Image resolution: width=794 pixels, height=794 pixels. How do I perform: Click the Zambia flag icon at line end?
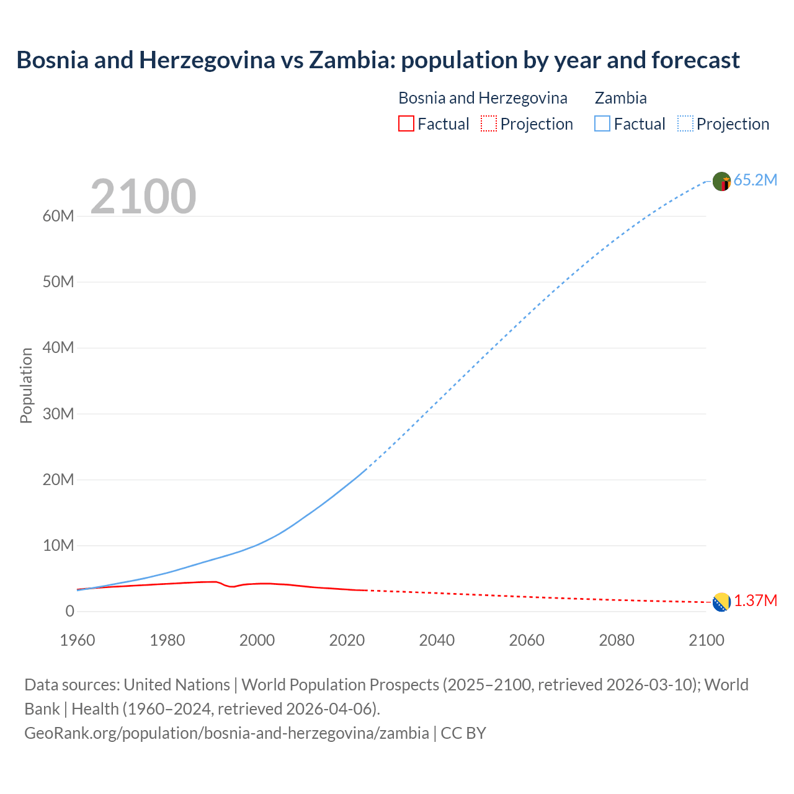pos(721,181)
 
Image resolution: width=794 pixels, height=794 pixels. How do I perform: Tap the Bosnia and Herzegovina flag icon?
pos(721,602)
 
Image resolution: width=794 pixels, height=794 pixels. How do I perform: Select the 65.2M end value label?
pos(755,180)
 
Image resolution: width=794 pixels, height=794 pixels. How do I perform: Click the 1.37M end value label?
pos(756,600)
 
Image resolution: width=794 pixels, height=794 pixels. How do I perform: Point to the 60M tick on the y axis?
pos(58,216)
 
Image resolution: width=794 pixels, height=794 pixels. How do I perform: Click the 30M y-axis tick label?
pos(58,414)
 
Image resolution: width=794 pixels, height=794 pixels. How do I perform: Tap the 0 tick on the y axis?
pos(69,611)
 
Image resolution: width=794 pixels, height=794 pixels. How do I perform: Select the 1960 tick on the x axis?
pos(78,640)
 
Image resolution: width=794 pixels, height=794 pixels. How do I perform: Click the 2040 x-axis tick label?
pos(437,640)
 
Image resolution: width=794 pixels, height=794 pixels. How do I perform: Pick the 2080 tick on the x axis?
pos(617,640)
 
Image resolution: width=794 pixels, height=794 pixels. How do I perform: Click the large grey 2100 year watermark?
pos(143,197)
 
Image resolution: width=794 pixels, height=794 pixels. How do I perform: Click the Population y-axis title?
pos(26,385)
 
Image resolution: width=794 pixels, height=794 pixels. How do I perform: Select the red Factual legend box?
pos(406,123)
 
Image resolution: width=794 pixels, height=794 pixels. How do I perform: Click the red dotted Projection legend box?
pos(489,123)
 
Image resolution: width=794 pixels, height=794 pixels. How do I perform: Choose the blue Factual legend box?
pos(602,123)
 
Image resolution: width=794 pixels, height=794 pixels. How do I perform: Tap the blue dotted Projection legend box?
pos(685,123)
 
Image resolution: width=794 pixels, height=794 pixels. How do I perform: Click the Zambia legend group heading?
pos(620,98)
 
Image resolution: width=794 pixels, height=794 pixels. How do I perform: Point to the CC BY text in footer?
pos(463,733)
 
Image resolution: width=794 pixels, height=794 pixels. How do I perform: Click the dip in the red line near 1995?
pos(233,587)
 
